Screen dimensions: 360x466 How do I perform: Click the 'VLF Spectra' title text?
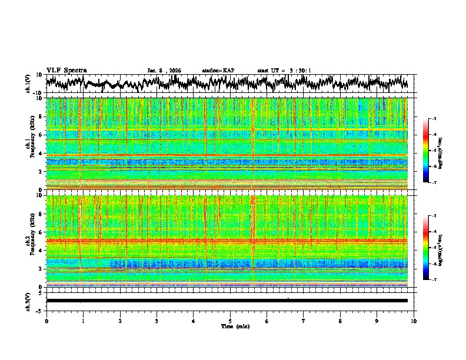[x=66, y=70]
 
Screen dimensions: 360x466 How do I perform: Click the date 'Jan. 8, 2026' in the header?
[x=164, y=71]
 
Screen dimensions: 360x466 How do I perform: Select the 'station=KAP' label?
[x=218, y=71]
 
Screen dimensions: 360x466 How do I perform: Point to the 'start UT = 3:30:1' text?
[x=284, y=71]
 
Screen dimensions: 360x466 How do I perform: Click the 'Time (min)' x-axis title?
[x=230, y=326]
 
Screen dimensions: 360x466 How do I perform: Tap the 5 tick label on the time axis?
[x=230, y=321]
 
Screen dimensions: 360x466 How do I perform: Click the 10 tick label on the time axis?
[x=414, y=321]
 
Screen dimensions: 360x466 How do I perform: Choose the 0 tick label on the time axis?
[x=46, y=321]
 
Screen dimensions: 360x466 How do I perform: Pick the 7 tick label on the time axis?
[x=304, y=321]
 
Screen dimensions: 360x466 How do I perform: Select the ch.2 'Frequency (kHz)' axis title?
[x=34, y=241]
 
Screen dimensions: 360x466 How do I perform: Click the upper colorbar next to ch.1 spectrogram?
[x=431, y=151]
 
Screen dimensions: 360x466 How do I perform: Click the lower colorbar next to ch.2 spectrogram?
[x=431, y=248]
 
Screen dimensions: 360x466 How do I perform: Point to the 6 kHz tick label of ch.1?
[x=41, y=135]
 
